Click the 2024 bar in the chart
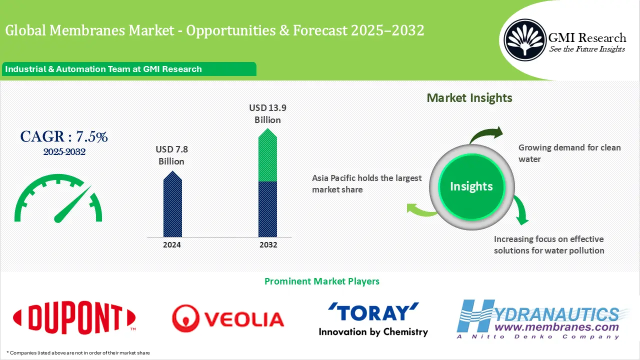[172, 206]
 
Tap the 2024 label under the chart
[172, 245]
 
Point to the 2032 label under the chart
[268, 245]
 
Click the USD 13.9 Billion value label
[267, 114]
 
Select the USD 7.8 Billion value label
[171, 155]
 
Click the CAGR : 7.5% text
[64, 136]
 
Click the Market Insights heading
[469, 98]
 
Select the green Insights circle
[471, 186]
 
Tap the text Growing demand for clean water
[569, 153]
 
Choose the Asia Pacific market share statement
[366, 183]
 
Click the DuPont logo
[74, 317]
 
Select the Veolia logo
[228, 318]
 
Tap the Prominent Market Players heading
[321, 281]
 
